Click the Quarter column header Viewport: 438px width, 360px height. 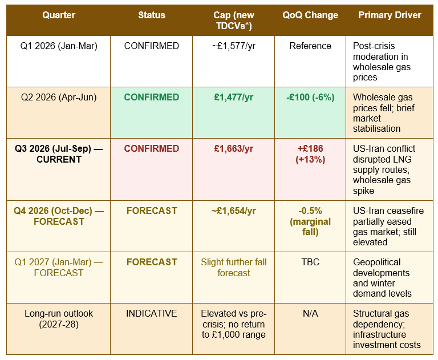click(x=59, y=15)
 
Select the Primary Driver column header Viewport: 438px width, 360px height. click(x=390, y=15)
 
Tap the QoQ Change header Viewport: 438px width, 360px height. click(x=310, y=15)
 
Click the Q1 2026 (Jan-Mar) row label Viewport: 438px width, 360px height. click(x=59, y=46)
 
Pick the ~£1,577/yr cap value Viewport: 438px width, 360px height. click(x=233, y=46)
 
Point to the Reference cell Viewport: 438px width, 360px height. click(x=310, y=46)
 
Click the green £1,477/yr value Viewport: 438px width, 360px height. click(x=233, y=97)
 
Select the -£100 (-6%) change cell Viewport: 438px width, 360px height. click(x=310, y=97)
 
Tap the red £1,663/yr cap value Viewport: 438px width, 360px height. click(x=233, y=149)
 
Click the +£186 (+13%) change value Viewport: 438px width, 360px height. click(x=310, y=154)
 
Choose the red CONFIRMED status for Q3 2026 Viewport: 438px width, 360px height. click(x=151, y=149)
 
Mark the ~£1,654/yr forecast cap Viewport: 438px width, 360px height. click(x=233, y=211)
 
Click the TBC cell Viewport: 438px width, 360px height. click(x=310, y=262)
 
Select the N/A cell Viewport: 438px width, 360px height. click(x=310, y=314)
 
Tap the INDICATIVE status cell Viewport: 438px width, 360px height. click(x=151, y=314)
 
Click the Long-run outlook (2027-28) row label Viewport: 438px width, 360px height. click(x=59, y=319)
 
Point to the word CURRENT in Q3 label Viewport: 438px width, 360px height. click(x=59, y=160)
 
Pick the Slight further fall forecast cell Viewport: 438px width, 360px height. click(x=233, y=268)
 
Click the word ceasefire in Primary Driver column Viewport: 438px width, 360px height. click(x=405, y=211)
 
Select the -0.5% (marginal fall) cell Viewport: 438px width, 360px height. click(x=310, y=221)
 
